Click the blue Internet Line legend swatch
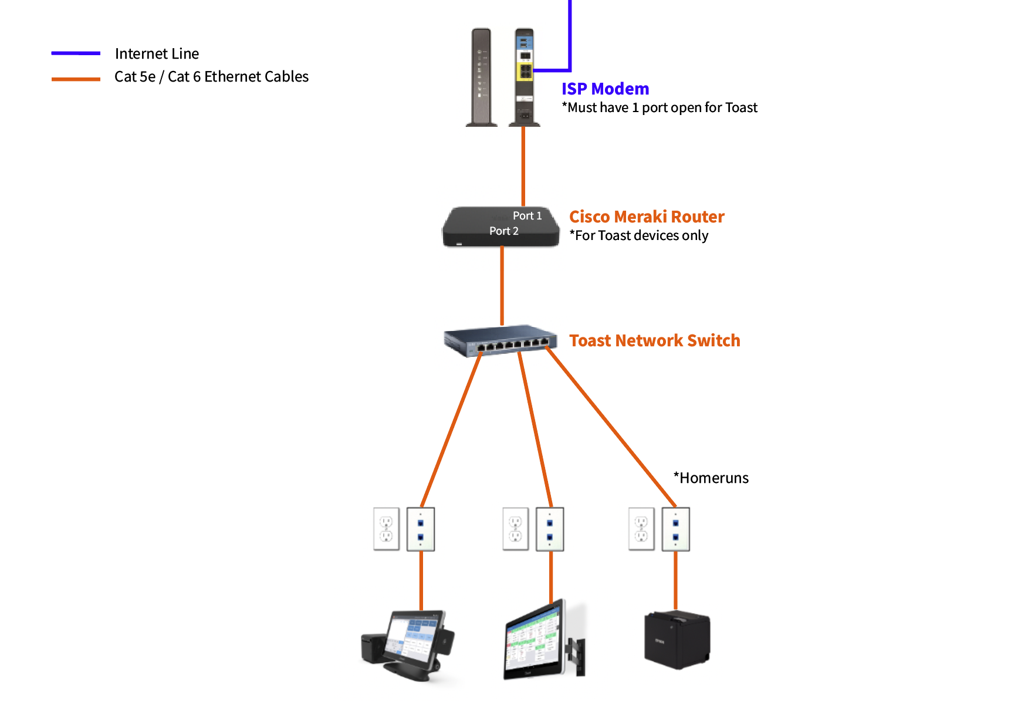pos(76,53)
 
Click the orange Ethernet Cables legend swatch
pos(76,79)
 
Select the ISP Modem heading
pos(605,89)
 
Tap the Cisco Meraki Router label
pos(647,217)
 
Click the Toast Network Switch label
pos(654,340)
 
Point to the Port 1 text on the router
pos(527,215)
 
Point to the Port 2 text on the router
pos(503,231)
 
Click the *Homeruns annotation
pos(711,478)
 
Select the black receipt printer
pos(677,640)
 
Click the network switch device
pos(500,340)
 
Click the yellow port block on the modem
pos(525,72)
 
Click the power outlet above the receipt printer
pos(641,529)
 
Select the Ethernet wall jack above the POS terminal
pos(421,529)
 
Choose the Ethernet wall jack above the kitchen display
pos(550,529)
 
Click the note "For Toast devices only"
pos(638,235)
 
